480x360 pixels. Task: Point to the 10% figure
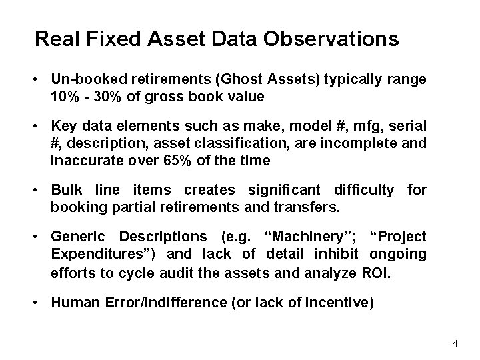[63, 97]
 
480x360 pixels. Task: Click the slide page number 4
[455, 343]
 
